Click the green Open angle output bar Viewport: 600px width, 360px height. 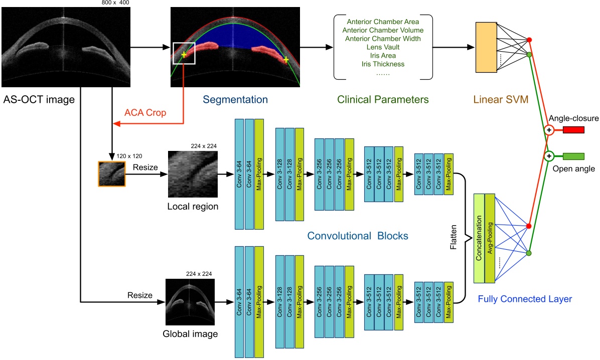(573, 156)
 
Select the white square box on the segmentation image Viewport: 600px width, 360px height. (183, 54)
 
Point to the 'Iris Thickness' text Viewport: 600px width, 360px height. (382, 64)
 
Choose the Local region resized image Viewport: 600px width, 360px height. (193, 174)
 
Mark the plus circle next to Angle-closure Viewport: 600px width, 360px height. (549, 130)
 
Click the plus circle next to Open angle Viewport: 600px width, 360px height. (549, 156)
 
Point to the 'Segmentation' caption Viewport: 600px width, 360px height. (236, 99)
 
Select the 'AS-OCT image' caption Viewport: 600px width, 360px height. (39, 100)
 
